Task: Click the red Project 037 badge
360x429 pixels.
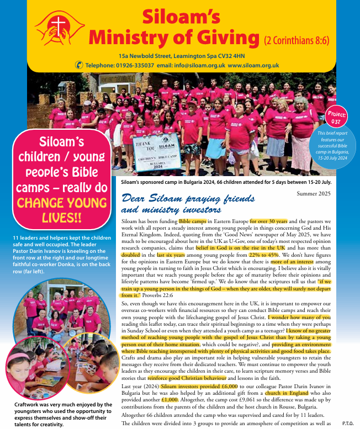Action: (x=336, y=118)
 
